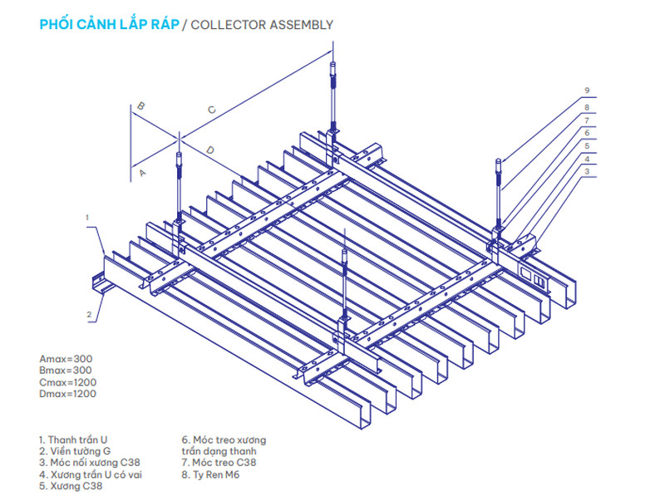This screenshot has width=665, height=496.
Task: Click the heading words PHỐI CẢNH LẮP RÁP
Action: [x=110, y=24]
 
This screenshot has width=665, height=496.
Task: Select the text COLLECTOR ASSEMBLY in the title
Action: [x=262, y=25]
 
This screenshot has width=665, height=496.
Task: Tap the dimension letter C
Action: [x=212, y=110]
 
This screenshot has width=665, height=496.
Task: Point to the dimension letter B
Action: [x=140, y=106]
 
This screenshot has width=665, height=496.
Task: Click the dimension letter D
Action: [x=210, y=150]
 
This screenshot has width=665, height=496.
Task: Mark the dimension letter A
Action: [x=142, y=173]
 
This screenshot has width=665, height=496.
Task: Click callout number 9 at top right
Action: [x=587, y=91]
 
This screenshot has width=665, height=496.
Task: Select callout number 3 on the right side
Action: [x=587, y=171]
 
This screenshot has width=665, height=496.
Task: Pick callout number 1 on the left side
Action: [x=87, y=218]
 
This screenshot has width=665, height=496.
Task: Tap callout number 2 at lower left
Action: [x=89, y=315]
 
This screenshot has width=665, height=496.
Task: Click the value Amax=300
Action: [x=66, y=359]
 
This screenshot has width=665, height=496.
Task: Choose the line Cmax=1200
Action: [x=68, y=382]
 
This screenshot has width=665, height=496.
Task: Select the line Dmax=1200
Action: [x=68, y=394]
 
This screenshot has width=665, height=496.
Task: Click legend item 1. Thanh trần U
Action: [x=73, y=440]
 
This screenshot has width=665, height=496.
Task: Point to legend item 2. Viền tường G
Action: [x=75, y=451]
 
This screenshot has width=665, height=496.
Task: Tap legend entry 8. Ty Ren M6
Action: [x=211, y=474]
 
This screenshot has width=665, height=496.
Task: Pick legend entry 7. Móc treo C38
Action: [x=219, y=463]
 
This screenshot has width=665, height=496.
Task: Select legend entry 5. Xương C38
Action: [x=71, y=486]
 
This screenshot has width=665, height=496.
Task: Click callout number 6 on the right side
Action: [x=587, y=133]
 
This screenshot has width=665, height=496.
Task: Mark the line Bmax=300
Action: [x=66, y=371]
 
